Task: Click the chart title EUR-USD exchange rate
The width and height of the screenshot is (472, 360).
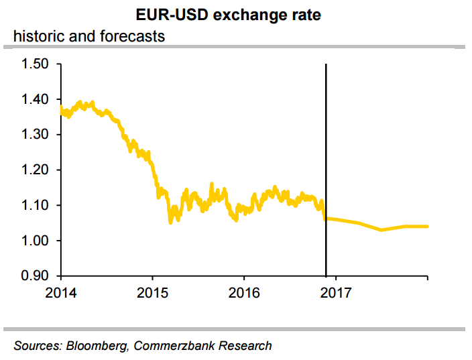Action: point(236,14)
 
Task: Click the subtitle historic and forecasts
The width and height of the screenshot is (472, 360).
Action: point(88,36)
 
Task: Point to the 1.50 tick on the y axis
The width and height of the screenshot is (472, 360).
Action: point(36,64)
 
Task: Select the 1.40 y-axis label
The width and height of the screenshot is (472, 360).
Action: point(36,100)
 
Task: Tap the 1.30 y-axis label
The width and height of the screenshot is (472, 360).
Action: point(36,135)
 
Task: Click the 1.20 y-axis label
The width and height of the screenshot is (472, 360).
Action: point(36,170)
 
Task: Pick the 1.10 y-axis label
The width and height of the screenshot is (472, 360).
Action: point(36,205)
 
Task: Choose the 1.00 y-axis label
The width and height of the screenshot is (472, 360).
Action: point(36,241)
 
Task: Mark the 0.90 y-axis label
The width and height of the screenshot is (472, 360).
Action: point(36,276)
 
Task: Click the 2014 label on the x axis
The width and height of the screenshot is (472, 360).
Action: point(61,292)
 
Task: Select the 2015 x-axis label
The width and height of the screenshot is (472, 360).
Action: point(152,292)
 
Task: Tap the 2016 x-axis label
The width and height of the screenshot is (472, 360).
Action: point(243,292)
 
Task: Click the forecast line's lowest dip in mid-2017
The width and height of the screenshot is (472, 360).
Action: point(381,230)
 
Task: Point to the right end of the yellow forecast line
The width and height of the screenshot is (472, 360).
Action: point(428,227)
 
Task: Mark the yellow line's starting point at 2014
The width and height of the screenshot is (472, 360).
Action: point(61,107)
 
